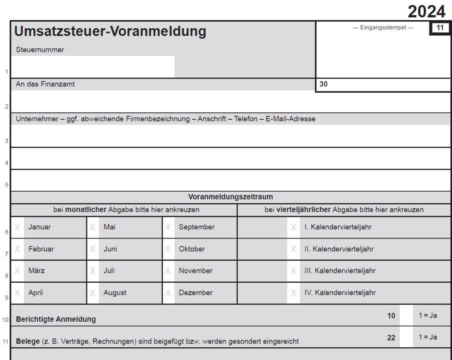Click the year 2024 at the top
[x=426, y=11]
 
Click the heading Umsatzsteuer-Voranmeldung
[x=110, y=31]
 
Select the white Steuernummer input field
[x=93, y=67]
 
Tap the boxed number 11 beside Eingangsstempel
[x=440, y=28]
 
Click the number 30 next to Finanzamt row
[x=324, y=84]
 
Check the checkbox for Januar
[x=18, y=227]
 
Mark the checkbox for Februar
[x=18, y=249]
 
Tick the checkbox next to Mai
[x=93, y=227]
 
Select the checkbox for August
[x=93, y=292]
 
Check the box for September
[x=168, y=227]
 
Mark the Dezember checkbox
[x=168, y=292]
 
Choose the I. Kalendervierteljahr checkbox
[x=294, y=227]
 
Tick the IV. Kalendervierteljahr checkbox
[x=294, y=292]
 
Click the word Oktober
[x=192, y=249]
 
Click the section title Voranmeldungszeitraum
[x=231, y=197]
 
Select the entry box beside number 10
[x=407, y=316]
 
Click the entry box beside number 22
[x=407, y=337]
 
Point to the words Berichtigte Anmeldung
[x=56, y=319]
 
